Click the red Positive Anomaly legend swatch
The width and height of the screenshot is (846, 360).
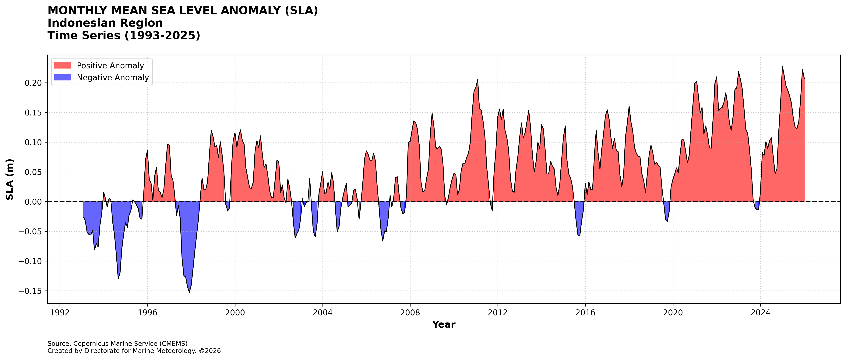(62, 65)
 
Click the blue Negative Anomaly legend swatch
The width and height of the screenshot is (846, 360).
(62, 78)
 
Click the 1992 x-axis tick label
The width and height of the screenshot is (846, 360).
(60, 312)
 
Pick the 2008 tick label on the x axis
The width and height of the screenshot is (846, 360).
(410, 312)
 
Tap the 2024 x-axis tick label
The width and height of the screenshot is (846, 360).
(760, 312)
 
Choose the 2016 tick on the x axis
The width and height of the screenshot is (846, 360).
(585, 312)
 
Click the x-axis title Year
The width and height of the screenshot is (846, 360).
(444, 325)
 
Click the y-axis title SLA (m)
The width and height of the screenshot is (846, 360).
(10, 179)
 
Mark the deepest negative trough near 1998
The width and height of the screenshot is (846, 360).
(189, 292)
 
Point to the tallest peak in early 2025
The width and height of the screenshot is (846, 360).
(782, 67)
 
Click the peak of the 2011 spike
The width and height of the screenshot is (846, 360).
(478, 80)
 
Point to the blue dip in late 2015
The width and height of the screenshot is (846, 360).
(579, 235)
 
